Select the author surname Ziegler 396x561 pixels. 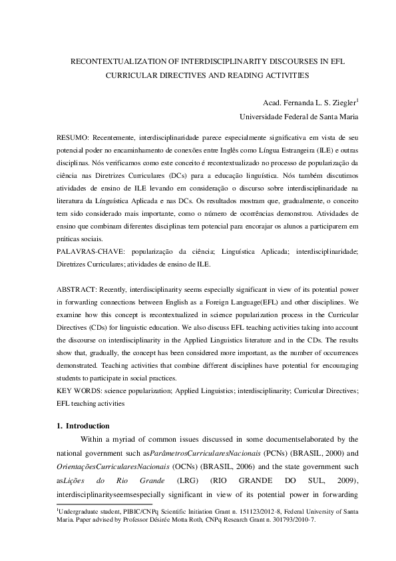point(344,103)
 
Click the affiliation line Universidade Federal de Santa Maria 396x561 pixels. point(299,117)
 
